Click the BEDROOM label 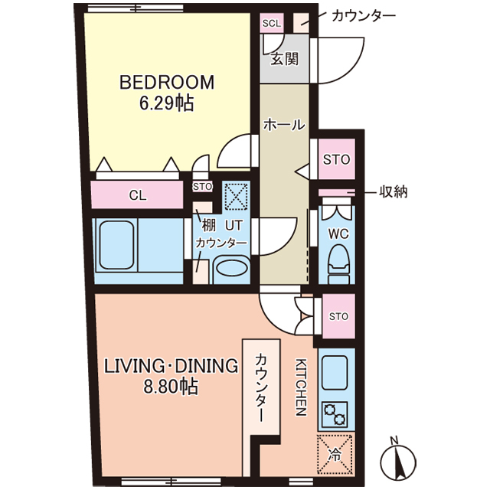point(167,82)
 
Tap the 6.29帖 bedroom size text point(167,103)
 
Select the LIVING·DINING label point(171,366)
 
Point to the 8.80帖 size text point(171,386)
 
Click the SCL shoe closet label point(272,24)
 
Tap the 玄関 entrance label point(284,59)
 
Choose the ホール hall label point(284,125)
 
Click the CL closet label point(138,196)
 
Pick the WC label point(338,234)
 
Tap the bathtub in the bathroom point(117,245)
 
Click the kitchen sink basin point(335,372)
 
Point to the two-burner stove point(335,414)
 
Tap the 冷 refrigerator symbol point(335,455)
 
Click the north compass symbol point(398,460)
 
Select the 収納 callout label point(393,191)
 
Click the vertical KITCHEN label point(301,387)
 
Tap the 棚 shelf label point(209,225)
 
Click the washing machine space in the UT point(237,197)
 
